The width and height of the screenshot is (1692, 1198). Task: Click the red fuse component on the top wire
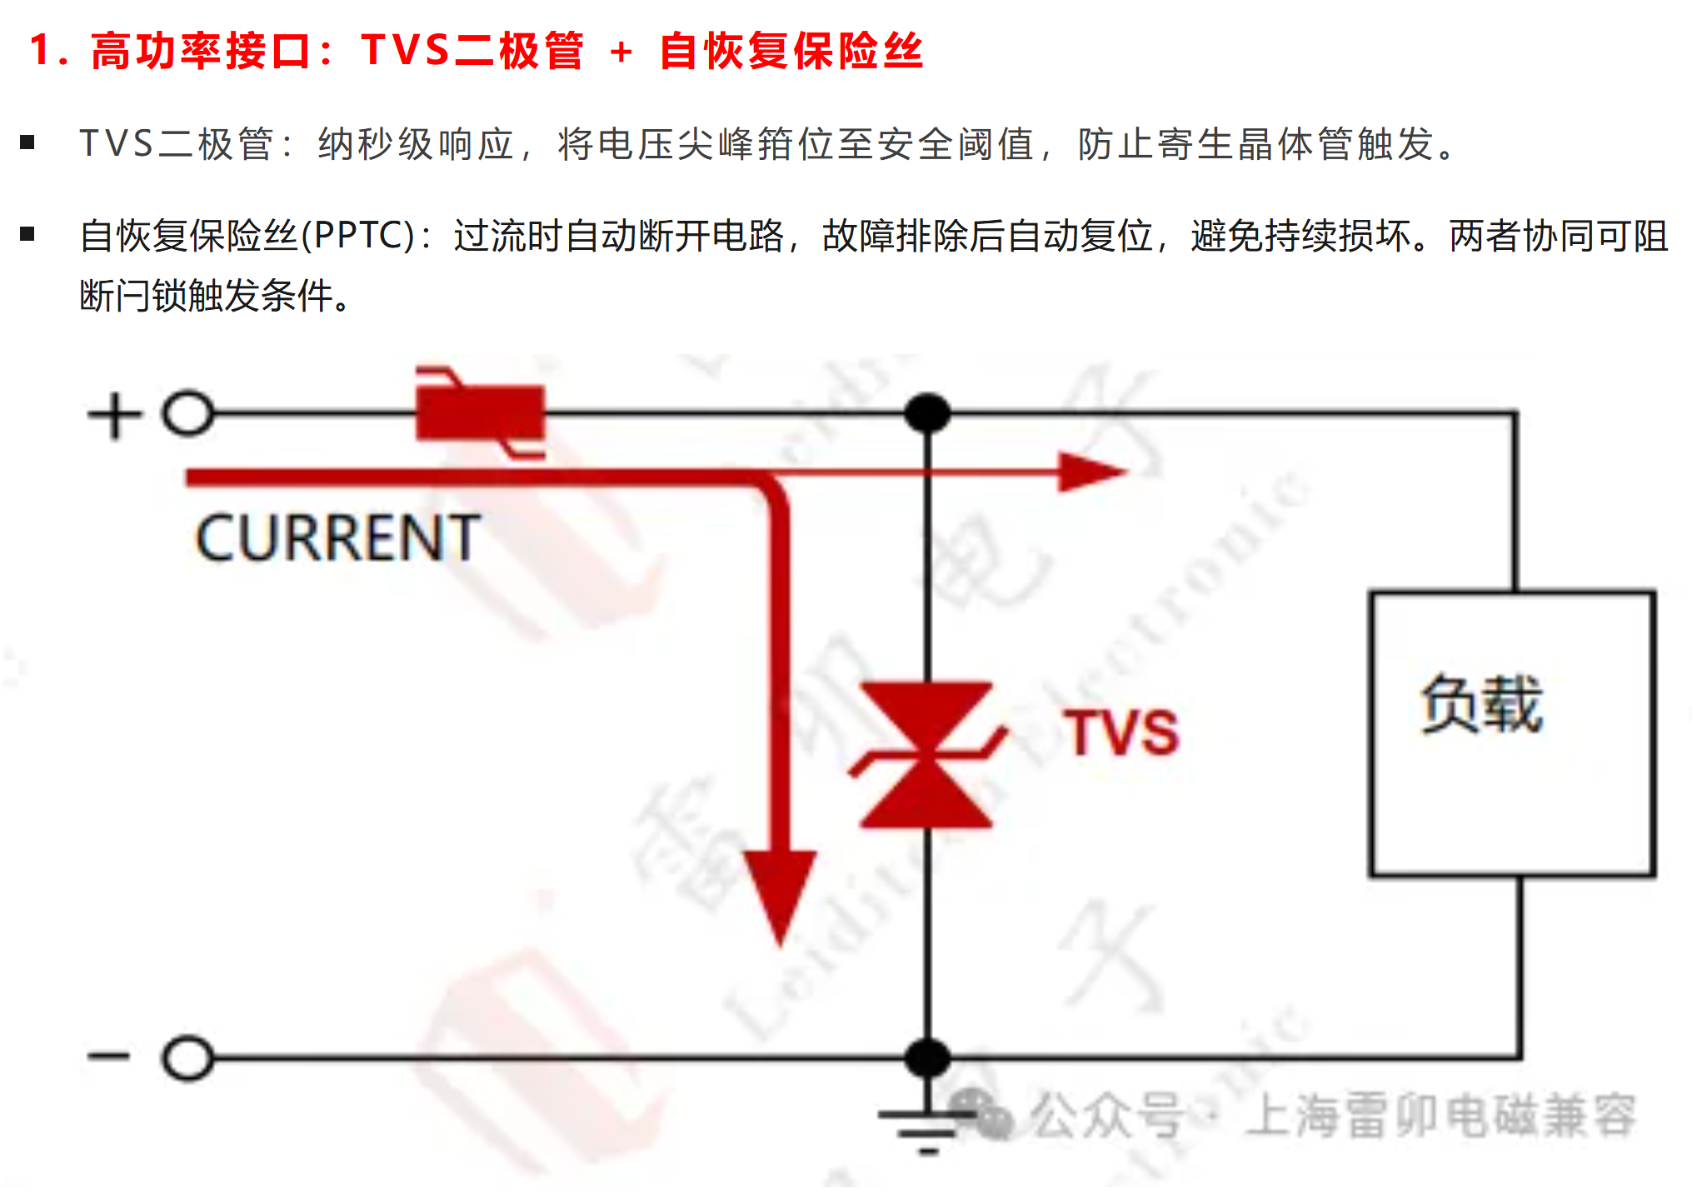click(x=480, y=412)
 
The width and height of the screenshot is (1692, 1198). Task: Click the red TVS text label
click(x=1121, y=733)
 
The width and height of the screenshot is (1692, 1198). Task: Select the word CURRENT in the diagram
click(x=337, y=538)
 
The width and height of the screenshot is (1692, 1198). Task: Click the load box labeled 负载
click(x=1511, y=733)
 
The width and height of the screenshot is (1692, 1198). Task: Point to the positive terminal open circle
click(x=187, y=413)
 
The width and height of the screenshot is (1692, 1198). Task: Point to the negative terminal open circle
click(x=187, y=1057)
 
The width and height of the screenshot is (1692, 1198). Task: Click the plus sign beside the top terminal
click(x=114, y=415)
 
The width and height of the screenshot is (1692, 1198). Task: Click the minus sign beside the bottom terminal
click(x=108, y=1056)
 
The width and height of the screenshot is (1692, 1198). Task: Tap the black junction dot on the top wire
click(x=927, y=413)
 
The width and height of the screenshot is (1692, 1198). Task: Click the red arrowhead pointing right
click(x=1087, y=472)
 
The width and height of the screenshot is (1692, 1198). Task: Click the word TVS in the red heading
click(x=406, y=50)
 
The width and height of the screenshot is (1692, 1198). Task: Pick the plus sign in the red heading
click(x=621, y=52)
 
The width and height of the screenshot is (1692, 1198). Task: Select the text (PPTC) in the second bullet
click(x=357, y=236)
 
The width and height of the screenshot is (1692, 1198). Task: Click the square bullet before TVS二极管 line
click(x=27, y=142)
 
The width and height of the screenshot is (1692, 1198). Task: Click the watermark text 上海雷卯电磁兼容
click(x=1440, y=1115)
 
